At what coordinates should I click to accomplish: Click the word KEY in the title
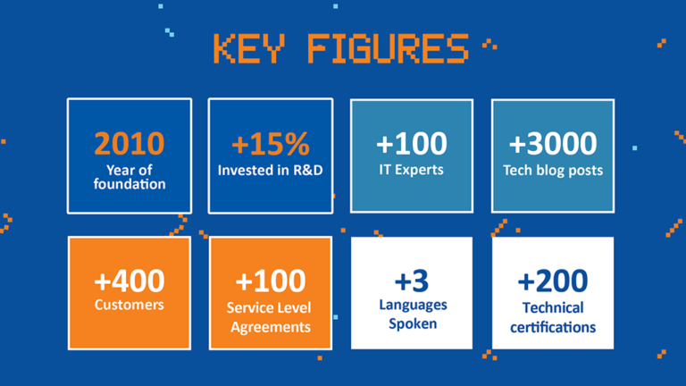point(251,49)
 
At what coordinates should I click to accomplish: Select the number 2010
point(130,143)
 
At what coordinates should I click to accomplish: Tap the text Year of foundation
point(130,177)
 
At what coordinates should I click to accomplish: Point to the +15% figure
point(270,144)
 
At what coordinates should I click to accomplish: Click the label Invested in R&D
point(270,170)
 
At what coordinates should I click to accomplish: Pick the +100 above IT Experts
point(412,143)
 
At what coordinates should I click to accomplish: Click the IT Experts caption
point(412,169)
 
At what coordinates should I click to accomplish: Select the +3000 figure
point(553,144)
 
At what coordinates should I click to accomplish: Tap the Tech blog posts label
point(553,170)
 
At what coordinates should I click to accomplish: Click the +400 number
point(130,281)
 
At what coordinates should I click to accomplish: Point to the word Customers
point(130,306)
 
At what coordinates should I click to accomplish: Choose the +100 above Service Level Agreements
point(271,281)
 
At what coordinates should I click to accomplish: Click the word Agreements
point(271,327)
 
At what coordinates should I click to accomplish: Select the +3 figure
point(412,281)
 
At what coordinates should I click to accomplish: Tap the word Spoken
point(412,323)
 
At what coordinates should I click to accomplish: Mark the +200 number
point(553,281)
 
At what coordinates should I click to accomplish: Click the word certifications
point(553,327)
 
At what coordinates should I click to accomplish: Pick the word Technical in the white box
point(553,307)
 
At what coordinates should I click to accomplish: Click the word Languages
point(412,306)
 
